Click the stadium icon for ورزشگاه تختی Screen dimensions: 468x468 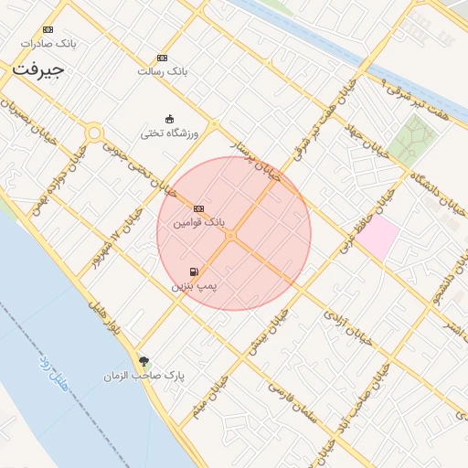point(169,119)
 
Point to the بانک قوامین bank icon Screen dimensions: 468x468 point(198,207)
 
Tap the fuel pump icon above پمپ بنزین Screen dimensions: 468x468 point(193,271)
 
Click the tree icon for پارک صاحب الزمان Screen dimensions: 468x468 point(142,360)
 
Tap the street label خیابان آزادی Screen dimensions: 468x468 point(349,328)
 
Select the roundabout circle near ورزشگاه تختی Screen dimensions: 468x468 point(93,134)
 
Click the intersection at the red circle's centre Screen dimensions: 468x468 point(232,236)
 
